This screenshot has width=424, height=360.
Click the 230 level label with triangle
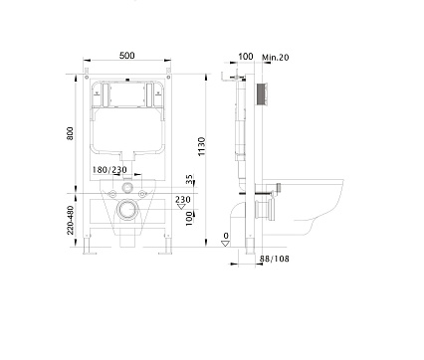[x=182, y=202]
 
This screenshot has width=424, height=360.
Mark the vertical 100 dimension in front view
[x=190, y=218]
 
